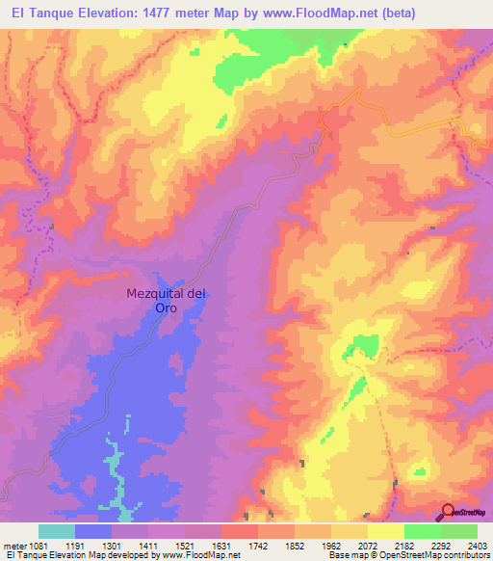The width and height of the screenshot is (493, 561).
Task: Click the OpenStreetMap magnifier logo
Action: pyautogui.click(x=447, y=511)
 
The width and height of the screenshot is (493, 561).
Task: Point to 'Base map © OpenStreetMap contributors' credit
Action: pyautogui.click(x=408, y=556)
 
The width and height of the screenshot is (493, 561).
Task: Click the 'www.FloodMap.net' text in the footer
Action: pyautogui.click(x=203, y=556)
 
